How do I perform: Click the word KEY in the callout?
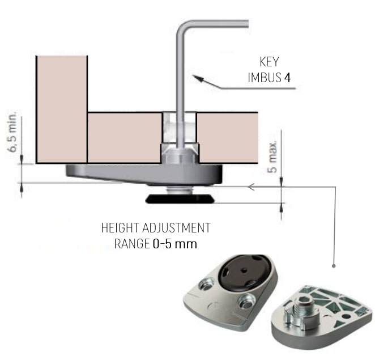[x=269, y=62]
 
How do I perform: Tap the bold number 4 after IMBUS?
[x=287, y=77]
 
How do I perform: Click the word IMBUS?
[x=265, y=77]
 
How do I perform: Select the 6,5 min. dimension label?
[x=12, y=131]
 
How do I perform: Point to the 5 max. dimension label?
[x=272, y=156]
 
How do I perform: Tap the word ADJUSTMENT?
[x=176, y=228]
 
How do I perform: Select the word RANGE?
[x=132, y=244]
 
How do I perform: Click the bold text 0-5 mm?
[x=175, y=244]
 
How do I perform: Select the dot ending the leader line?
[x=334, y=266]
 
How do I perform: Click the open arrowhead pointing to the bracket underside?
[x=250, y=187]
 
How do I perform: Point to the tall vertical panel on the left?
[x=62, y=109]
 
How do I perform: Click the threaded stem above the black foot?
[x=180, y=190]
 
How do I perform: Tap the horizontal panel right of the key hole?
[x=228, y=138]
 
